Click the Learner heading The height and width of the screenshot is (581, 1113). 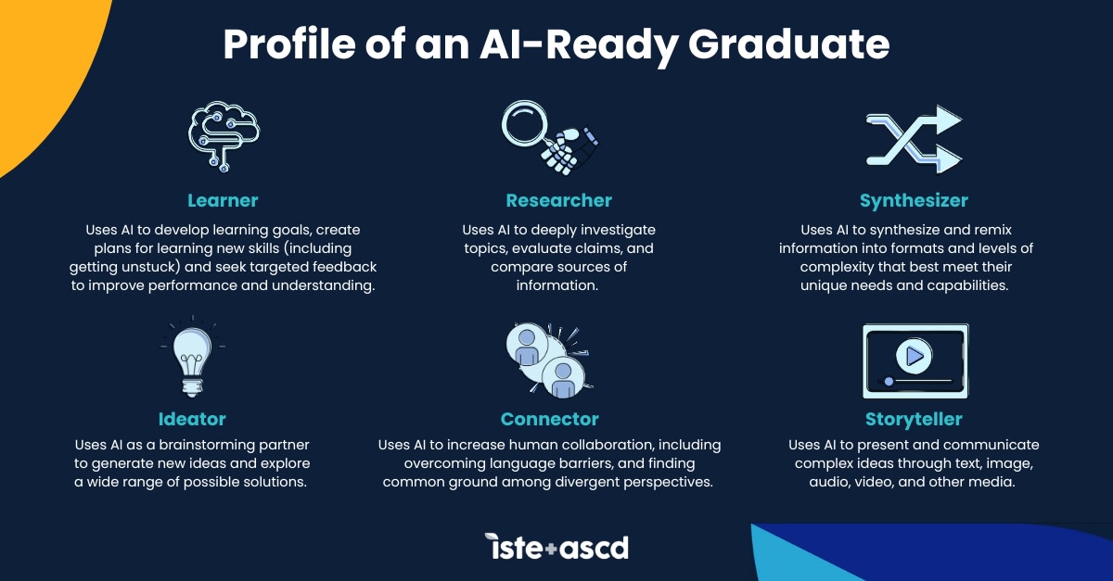[223, 200]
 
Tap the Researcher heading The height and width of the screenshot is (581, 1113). [558, 200]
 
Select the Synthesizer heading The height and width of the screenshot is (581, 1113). [914, 200]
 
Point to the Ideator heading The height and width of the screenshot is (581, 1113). [191, 419]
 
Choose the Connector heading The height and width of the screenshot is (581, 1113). [550, 419]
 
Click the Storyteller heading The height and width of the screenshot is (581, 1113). [914, 419]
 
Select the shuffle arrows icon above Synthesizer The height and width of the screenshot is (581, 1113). [914, 139]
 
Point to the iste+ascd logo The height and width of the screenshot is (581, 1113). [556, 547]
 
